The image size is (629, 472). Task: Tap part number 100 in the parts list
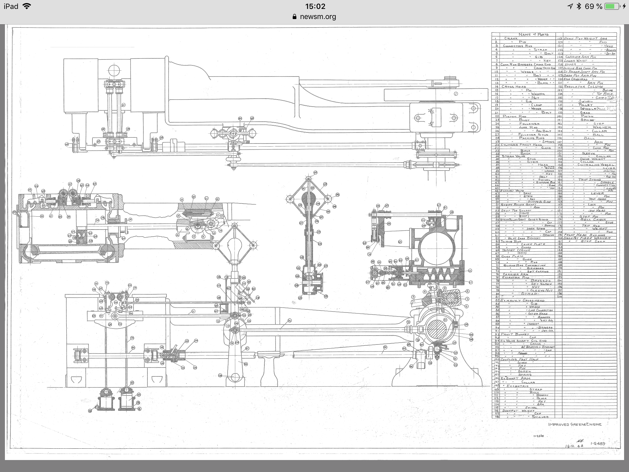495,359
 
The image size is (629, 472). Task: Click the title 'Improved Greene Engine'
575,424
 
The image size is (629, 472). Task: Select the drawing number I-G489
598,444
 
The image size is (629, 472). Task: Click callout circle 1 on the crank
456,94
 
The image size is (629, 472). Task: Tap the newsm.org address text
318,17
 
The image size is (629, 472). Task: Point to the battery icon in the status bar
611,6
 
